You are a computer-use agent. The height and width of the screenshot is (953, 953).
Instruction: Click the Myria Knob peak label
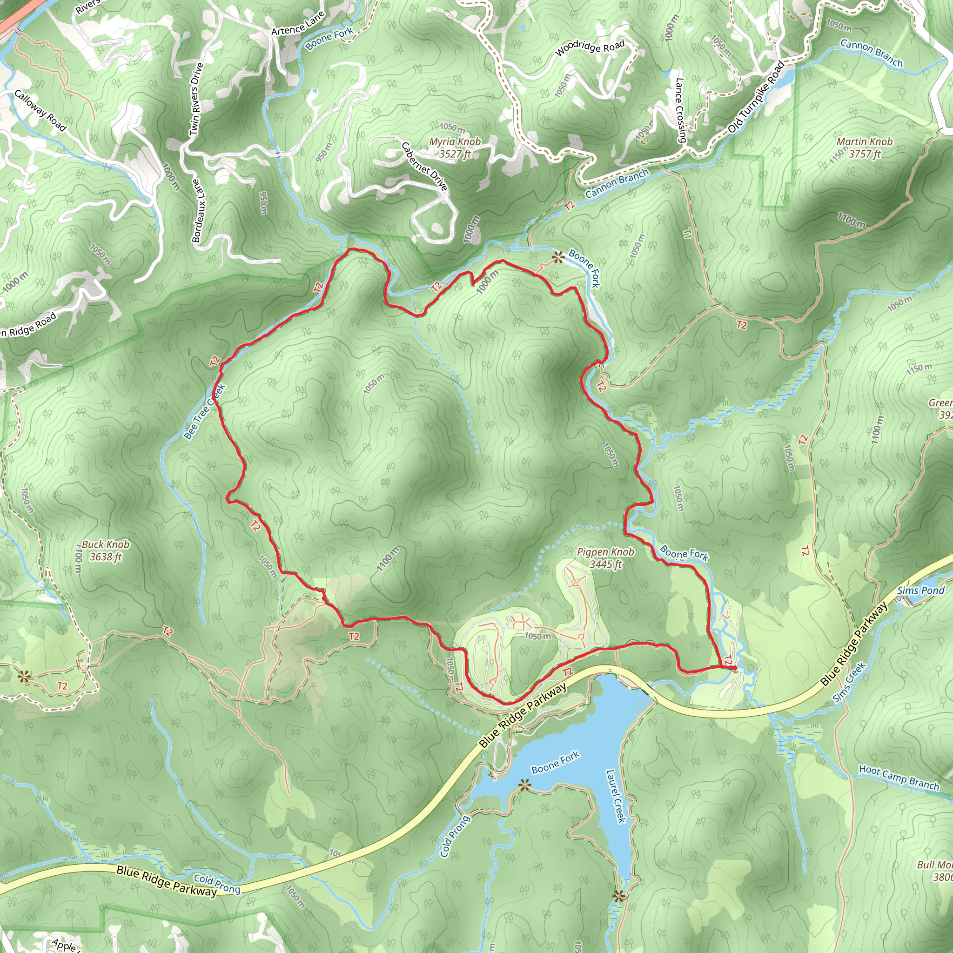pos(454,148)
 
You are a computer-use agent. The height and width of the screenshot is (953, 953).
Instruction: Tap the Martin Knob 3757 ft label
pos(864,148)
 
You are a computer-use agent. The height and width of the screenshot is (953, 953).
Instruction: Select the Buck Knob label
pos(106,550)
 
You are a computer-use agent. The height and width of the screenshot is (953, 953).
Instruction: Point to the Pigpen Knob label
pos(605,558)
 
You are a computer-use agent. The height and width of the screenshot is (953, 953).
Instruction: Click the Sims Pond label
pos(920,591)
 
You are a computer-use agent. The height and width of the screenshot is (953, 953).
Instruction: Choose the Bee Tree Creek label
pos(204,411)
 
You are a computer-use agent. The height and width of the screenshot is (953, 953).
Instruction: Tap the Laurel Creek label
pos(616,796)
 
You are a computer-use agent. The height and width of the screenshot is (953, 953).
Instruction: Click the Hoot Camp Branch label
pos(899,777)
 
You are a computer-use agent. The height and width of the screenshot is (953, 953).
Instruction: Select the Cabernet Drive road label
pos(424,166)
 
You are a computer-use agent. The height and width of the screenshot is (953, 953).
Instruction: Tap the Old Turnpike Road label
pos(756,97)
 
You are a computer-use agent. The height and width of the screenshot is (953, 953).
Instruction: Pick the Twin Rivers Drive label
pos(196,99)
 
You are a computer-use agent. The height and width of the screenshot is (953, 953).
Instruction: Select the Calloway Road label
pos(40,110)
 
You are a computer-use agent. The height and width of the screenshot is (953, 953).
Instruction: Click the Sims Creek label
pos(849,683)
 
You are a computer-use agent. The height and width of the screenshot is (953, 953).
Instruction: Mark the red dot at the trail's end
pos(734,668)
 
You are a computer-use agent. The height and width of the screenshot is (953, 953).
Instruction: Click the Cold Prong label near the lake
pos(454,836)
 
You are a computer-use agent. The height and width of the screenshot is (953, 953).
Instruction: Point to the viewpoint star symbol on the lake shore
pos(524,784)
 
